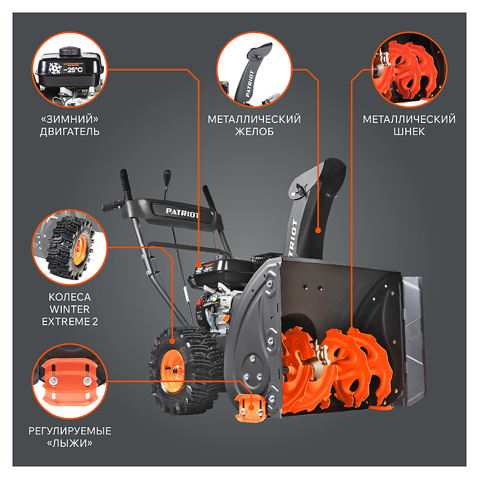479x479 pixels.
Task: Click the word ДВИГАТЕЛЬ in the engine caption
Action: click(70, 132)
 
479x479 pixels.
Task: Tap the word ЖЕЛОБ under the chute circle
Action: click(254, 132)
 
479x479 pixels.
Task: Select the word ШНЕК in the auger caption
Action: click(409, 132)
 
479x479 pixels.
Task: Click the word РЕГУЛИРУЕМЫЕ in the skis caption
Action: click(70, 431)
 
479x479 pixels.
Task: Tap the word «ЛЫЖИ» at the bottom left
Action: click(70, 443)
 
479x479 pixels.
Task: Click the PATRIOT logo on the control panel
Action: click(182, 213)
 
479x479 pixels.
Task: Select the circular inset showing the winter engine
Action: click(70, 70)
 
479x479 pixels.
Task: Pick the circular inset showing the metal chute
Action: click(254, 70)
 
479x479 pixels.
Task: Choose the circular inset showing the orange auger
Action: click(409, 70)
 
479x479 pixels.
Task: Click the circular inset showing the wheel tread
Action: click(70, 247)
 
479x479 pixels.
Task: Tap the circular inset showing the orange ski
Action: click(70, 381)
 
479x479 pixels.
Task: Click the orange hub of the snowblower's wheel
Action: click(172, 371)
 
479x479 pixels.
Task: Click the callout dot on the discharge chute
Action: click(318, 231)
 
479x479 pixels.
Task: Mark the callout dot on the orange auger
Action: click(352, 331)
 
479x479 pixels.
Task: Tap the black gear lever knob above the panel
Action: click(167, 177)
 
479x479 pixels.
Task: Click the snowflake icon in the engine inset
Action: click(55, 69)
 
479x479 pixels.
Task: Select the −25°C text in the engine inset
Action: click(73, 70)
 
